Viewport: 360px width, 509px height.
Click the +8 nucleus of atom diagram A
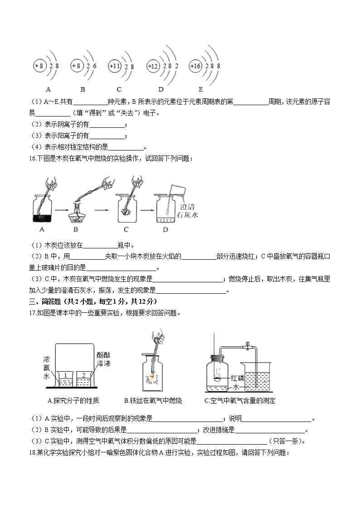click(x=39, y=66)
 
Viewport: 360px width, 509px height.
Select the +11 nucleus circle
click(x=114, y=66)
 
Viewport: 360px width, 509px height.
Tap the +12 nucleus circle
click(x=153, y=67)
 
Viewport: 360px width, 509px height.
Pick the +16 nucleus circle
click(x=195, y=66)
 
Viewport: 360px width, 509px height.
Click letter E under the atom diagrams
click(x=200, y=89)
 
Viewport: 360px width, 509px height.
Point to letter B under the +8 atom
click(x=83, y=89)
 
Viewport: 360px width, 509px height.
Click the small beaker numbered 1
click(x=66, y=379)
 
